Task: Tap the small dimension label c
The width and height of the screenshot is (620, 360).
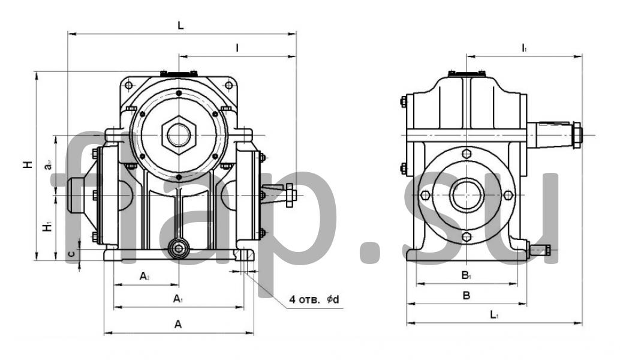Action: click(71, 254)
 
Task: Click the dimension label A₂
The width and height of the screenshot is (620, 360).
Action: click(145, 276)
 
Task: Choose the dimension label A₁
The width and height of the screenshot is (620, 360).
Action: click(177, 298)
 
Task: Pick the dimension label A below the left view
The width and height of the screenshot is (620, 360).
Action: click(178, 324)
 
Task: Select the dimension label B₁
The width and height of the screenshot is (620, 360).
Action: click(466, 276)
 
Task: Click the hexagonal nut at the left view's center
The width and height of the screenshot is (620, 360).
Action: click(178, 133)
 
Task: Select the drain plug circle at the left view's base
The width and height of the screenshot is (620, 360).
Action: click(178, 247)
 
